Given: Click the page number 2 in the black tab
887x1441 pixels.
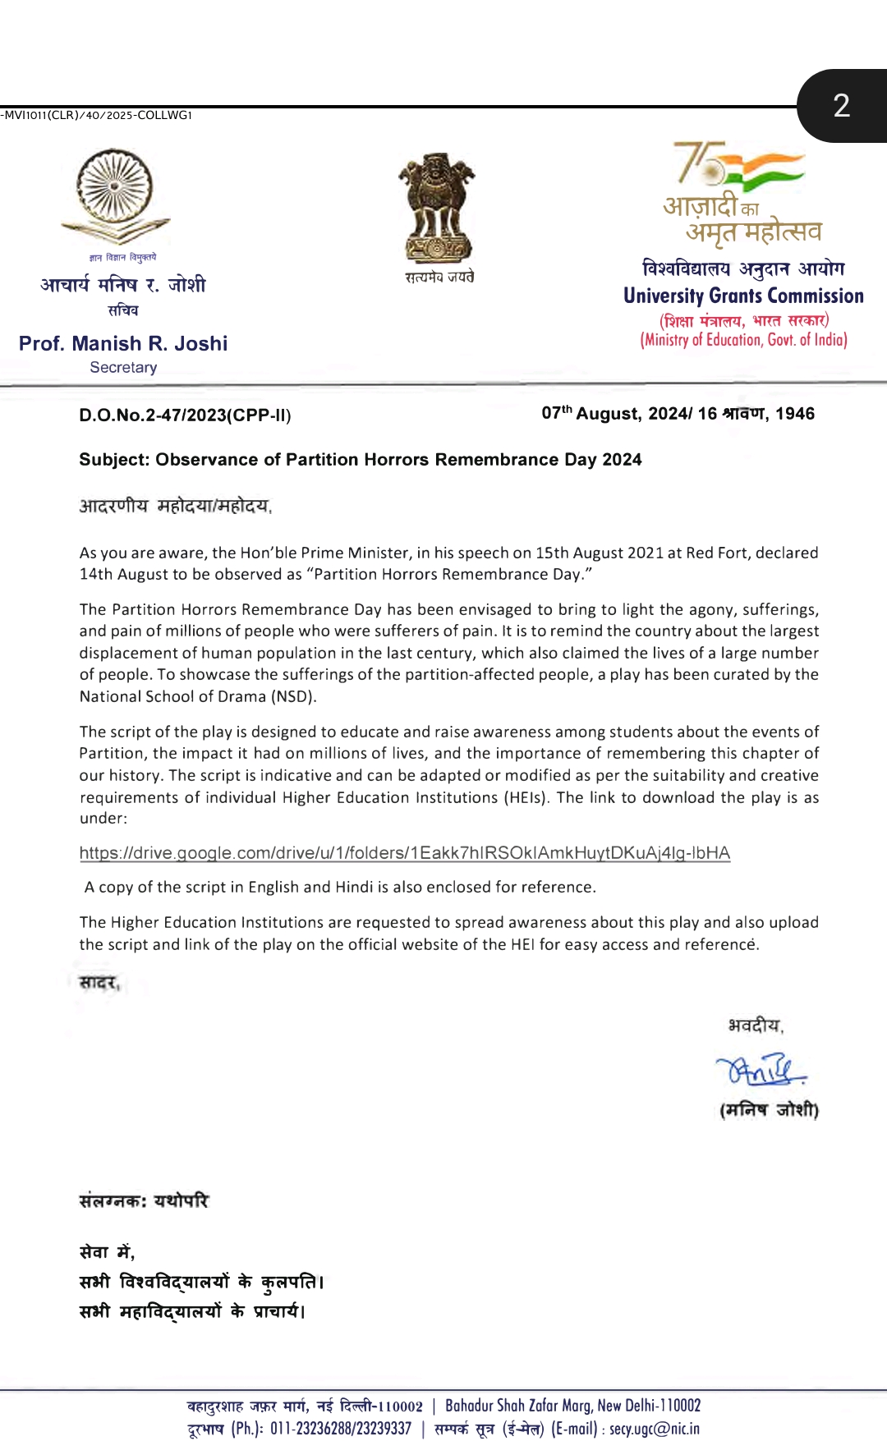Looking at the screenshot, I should pyautogui.click(x=841, y=106).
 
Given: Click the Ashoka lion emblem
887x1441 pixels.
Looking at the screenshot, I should pyautogui.click(x=437, y=209).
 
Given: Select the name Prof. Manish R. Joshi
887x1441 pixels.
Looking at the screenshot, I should pyautogui.click(x=123, y=343).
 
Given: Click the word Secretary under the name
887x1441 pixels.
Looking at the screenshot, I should pyautogui.click(x=123, y=368).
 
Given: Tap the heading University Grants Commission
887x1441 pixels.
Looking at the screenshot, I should pyautogui.click(x=743, y=296).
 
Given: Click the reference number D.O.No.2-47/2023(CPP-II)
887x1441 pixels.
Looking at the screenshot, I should pyautogui.click(x=185, y=415).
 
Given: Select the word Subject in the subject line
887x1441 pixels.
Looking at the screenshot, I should pyautogui.click(x=113, y=460).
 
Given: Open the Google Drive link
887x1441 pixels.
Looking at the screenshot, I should pyautogui.click(x=404, y=853).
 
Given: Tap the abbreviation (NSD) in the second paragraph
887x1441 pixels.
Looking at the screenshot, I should pyautogui.click(x=293, y=696).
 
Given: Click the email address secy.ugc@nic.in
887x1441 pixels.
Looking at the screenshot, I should pyautogui.click(x=655, y=1429).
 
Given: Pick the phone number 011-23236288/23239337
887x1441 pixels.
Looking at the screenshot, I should pyautogui.click(x=340, y=1429).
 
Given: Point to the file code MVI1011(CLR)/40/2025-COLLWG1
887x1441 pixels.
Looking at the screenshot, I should pyautogui.click(x=97, y=115).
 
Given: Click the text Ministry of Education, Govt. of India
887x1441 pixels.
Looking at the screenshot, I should pyautogui.click(x=743, y=340).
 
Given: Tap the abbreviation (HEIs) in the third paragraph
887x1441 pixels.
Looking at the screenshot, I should pyautogui.click(x=526, y=797).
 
